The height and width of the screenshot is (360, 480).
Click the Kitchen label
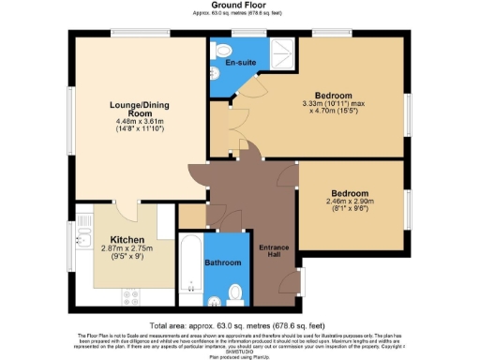tap(127, 239)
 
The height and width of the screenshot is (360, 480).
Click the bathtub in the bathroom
tap(190, 266)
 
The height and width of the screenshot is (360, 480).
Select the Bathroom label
tap(224, 262)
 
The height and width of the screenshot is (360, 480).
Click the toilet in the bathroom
tap(233, 293)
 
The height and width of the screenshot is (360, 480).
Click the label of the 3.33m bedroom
tap(333, 96)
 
